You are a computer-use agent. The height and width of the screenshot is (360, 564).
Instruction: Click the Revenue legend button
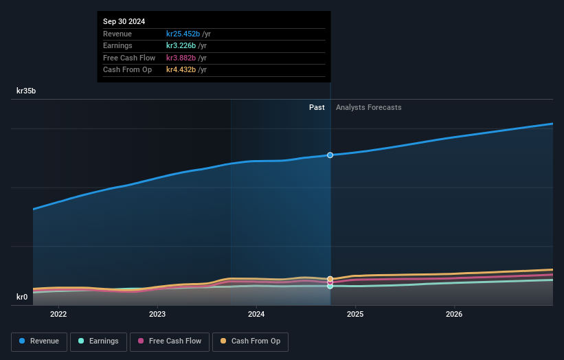(39, 341)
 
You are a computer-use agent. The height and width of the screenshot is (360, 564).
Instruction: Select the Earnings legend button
(98, 341)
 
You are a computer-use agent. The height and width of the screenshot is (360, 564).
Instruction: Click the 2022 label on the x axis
(58, 315)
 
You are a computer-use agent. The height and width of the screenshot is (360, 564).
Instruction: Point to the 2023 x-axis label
(157, 315)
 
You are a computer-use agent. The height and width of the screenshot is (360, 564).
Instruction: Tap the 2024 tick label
(256, 315)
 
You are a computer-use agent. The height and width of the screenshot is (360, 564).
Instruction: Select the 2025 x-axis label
(355, 315)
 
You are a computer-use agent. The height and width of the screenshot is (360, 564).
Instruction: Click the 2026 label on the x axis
(454, 315)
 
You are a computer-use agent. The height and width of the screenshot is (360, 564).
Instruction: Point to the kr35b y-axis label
(27, 91)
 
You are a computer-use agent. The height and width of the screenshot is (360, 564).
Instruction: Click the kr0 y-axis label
(22, 297)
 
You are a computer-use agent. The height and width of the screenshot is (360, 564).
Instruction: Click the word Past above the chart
(317, 107)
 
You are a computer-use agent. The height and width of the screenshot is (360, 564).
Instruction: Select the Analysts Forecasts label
(368, 107)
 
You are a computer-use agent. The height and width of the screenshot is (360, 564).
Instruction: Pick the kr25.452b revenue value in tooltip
(183, 34)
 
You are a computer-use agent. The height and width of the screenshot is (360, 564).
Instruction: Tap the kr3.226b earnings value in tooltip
(181, 46)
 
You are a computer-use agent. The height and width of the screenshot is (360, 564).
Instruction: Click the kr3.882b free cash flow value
(181, 58)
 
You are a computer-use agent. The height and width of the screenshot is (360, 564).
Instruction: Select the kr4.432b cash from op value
(181, 69)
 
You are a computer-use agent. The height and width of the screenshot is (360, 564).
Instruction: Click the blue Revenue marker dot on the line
(330, 155)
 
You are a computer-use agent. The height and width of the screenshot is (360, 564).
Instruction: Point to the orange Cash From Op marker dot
(330, 279)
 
